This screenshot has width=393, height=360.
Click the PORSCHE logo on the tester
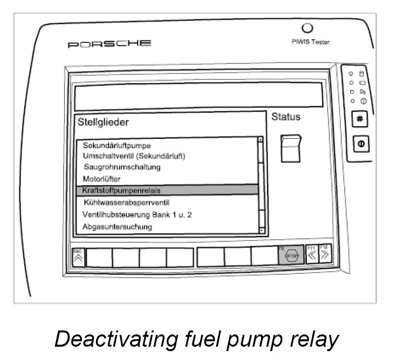[109, 44]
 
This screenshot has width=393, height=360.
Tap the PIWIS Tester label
[311, 42]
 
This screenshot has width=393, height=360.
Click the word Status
[286, 117]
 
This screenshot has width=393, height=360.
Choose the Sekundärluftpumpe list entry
[117, 146]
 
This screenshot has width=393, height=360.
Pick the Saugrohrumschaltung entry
[122, 167]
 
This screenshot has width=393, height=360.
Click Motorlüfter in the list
[102, 178]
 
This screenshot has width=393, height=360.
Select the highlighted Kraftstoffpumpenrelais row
[167, 190]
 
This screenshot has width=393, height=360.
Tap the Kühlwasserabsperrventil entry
[127, 202]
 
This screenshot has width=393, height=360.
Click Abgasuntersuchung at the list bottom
[117, 227]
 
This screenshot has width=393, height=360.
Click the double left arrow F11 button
[312, 255]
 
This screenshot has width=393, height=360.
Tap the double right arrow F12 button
[324, 255]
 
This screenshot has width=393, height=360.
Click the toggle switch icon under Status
[291, 148]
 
